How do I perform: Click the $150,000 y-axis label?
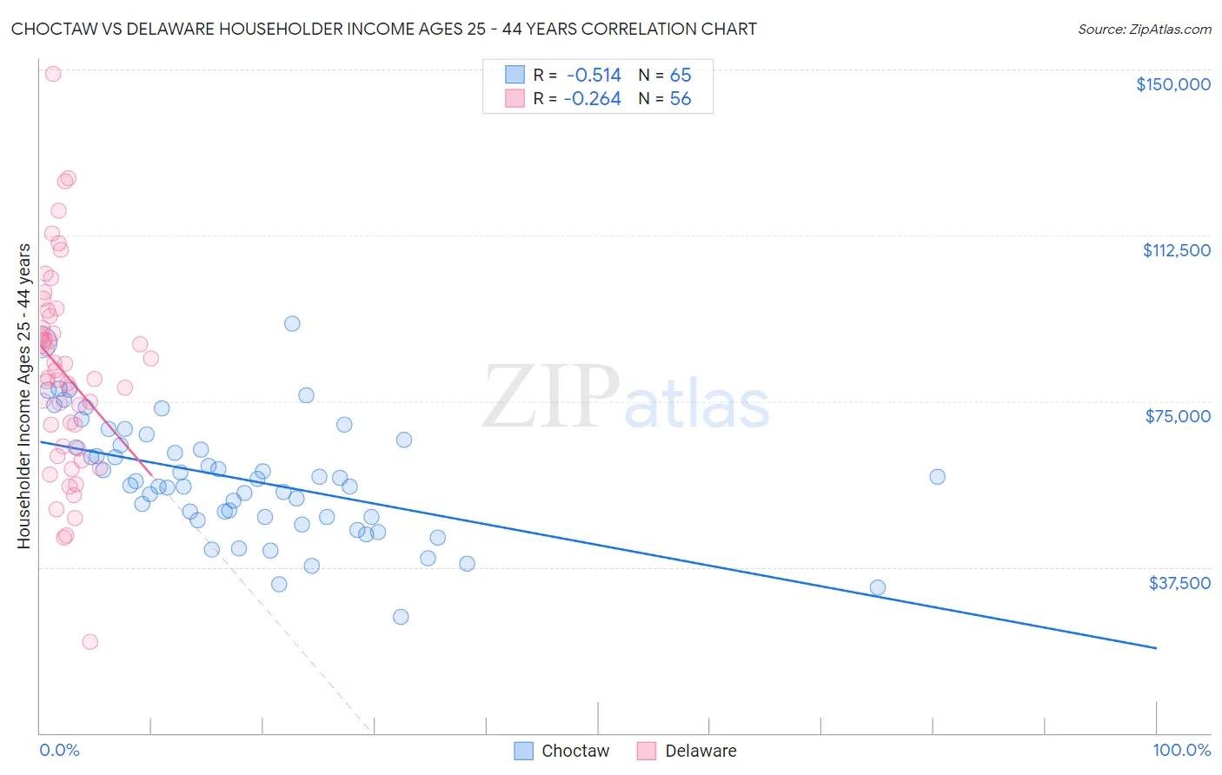pos(1172,84)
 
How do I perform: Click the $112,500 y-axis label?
pos(1176,250)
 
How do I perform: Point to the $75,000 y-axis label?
pos(1178,416)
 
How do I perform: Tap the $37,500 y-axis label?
pos(1179,583)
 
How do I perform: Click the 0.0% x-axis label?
pos(59,750)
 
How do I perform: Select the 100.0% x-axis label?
pos(1181,750)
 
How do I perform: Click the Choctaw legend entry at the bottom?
pos(574,751)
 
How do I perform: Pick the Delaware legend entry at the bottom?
pos(700,751)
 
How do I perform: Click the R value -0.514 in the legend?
pos(594,76)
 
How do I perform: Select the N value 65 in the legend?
pos(681,76)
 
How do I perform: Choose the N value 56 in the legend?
pos(681,99)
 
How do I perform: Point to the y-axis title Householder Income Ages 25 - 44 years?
pos(24,396)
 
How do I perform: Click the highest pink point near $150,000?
pos(53,74)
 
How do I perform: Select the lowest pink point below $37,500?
pos(90,642)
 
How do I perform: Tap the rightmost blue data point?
pos(937,476)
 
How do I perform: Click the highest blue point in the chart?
pos(292,323)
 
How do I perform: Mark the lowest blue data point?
pos(401,617)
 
